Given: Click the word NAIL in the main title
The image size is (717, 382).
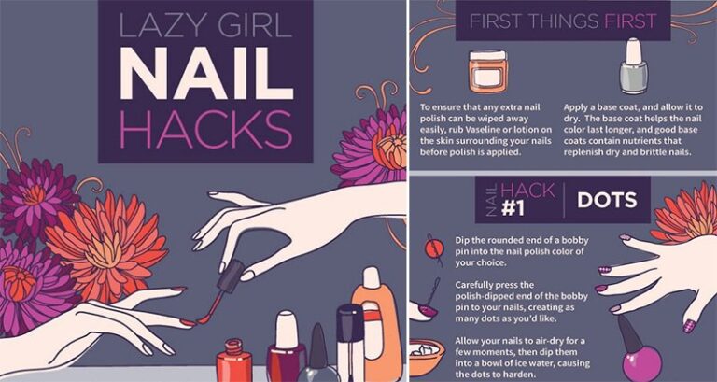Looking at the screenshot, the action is pos(205,73).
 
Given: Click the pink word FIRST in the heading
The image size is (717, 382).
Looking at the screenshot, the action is pos(630,21).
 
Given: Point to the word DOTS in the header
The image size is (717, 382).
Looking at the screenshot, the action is pos(607,200).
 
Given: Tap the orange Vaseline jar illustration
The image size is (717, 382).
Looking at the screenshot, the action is pos(487,71).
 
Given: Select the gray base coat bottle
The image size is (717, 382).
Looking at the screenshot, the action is pos(633,66).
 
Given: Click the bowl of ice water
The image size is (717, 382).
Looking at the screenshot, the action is pos(427,356).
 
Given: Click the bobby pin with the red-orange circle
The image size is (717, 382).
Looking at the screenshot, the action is pos(432,249).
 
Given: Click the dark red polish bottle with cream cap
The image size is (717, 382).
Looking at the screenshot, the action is pos(287,347).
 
